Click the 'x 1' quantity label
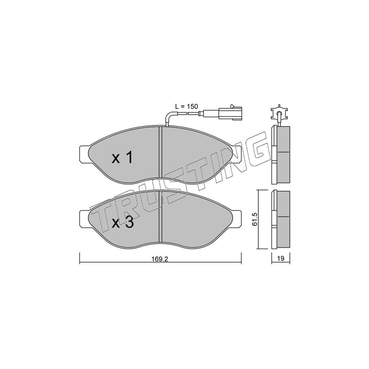pyautogui.click(x=122, y=158)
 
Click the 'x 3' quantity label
pyautogui.click(x=123, y=222)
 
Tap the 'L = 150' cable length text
pyautogui.click(x=187, y=107)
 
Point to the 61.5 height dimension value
pyautogui.click(x=255, y=219)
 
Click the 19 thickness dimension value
pyautogui.click(x=281, y=258)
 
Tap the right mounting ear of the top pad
pyautogui.click(x=237, y=154)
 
